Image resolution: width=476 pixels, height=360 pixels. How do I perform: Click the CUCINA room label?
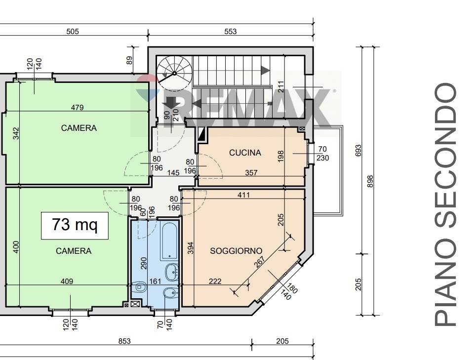[245, 153]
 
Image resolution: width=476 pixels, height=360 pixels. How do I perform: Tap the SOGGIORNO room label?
[236, 251]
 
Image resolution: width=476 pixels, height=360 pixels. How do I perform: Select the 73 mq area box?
[75, 226]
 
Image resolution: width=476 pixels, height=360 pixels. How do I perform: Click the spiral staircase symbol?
[175, 74]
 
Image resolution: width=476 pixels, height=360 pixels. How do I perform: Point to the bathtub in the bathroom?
[169, 241]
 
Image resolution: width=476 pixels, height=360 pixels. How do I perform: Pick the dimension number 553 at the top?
[231, 31]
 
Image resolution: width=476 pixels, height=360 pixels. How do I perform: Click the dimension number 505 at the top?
[73, 31]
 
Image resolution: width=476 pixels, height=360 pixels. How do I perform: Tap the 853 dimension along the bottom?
[124, 341]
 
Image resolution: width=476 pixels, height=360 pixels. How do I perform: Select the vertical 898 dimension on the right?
[370, 181]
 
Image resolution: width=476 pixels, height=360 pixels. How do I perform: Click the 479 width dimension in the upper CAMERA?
[77, 107]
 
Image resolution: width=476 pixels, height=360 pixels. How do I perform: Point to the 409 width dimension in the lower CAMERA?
[67, 281]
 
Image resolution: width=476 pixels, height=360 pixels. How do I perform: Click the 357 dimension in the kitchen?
[251, 172]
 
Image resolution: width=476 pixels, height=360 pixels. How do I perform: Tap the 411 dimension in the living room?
[244, 195]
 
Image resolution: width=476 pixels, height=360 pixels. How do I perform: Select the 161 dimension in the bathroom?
[155, 281]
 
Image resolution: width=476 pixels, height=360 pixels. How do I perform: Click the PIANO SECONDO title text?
[445, 205]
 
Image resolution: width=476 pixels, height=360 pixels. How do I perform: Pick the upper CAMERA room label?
[79, 128]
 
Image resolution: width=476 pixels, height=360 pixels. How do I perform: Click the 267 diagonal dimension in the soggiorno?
[259, 262]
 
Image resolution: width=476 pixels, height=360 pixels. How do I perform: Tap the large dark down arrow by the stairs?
[171, 103]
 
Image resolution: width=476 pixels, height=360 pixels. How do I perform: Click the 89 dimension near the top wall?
[130, 60]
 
